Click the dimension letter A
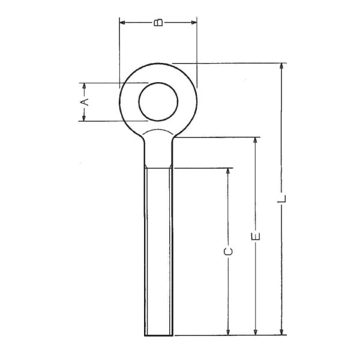[x=85, y=102]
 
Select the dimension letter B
[x=158, y=23]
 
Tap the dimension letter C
[x=228, y=251]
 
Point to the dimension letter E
[x=256, y=236]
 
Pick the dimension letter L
[x=282, y=199]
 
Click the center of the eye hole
[x=158, y=101]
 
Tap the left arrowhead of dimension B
[x=122, y=23]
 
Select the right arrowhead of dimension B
[x=194, y=23]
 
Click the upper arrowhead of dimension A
[x=84, y=86]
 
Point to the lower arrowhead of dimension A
[x=84, y=118]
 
